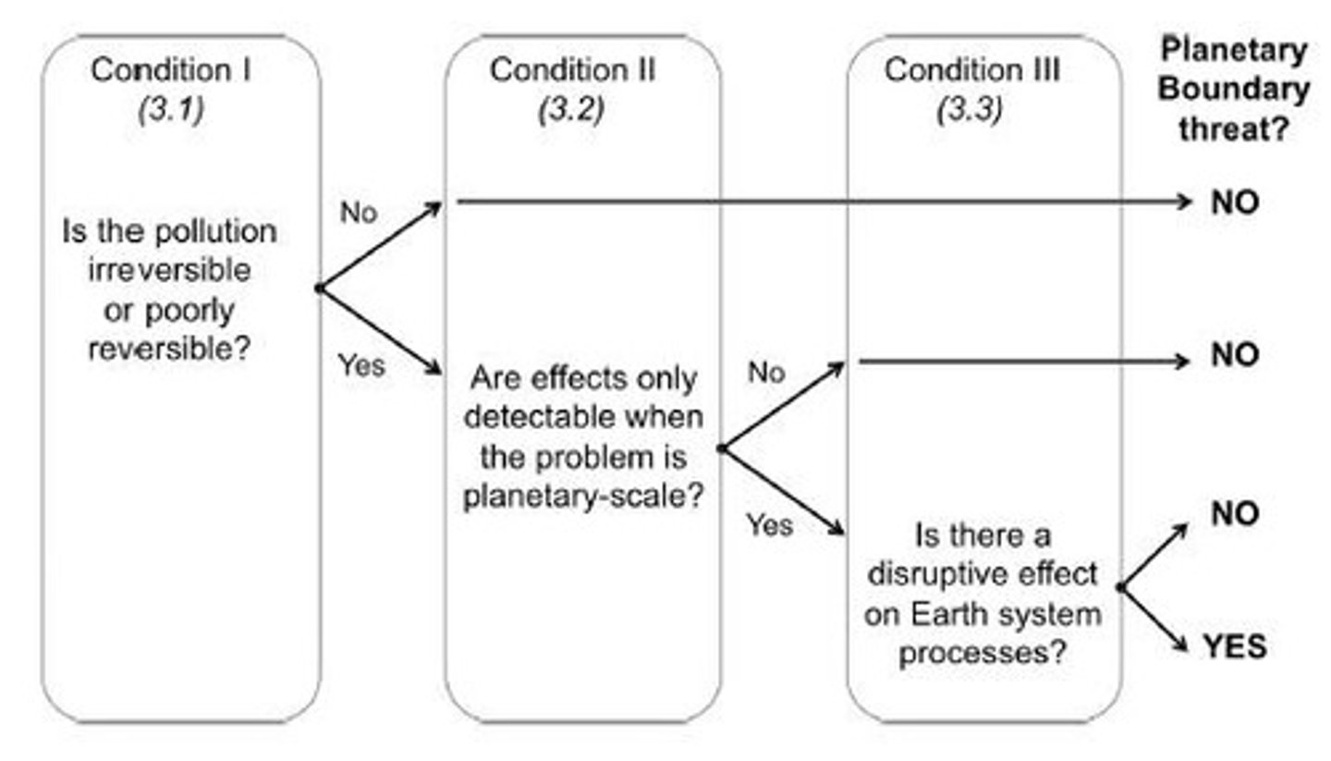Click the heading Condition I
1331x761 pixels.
(170, 70)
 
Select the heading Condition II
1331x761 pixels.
(572, 70)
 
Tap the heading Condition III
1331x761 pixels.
(971, 70)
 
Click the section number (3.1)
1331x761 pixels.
(170, 110)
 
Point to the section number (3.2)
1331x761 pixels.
(570, 110)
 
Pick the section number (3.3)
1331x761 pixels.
(970, 110)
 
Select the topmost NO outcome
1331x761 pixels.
(1235, 203)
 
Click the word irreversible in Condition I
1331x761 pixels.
(170, 270)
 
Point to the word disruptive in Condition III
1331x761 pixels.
(941, 574)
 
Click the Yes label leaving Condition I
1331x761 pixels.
(360, 365)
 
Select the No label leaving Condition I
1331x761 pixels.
(359, 212)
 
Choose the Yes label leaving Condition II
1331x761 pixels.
(769, 525)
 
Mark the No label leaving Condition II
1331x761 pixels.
(765, 372)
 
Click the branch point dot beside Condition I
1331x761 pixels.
(319, 288)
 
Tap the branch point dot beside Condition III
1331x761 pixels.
(1120, 587)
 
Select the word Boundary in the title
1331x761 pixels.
(1234, 90)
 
